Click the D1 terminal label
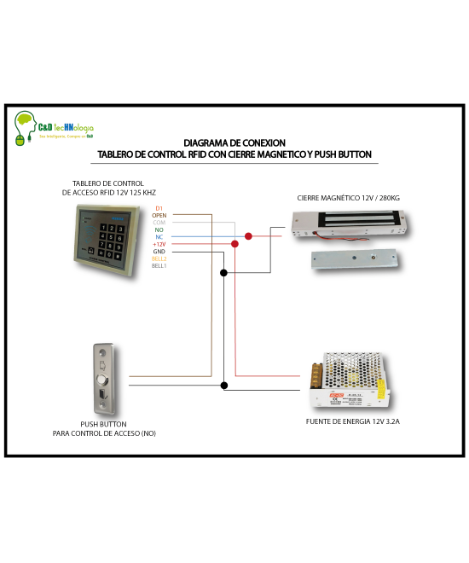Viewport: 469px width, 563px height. [159, 208]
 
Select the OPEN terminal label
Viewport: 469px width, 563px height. [159, 216]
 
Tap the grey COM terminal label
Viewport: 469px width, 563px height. [159, 223]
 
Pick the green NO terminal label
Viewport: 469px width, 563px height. [159, 230]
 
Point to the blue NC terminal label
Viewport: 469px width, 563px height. [159, 237]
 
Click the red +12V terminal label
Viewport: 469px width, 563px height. [159, 245]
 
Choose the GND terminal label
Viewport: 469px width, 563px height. [159, 252]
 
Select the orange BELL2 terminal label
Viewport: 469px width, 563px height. [159, 258]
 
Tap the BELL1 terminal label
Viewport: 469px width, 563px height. [159, 266]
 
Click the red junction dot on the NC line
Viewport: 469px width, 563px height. [248, 236]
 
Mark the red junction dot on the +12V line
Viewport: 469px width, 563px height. [235, 245]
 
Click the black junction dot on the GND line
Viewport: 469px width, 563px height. [223, 273]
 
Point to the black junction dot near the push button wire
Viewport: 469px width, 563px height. [223, 386]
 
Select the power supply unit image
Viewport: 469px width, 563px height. [350, 382]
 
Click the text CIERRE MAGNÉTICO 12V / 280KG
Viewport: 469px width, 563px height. [348, 198]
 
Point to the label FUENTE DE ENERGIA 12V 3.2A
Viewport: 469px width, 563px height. [352, 421]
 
